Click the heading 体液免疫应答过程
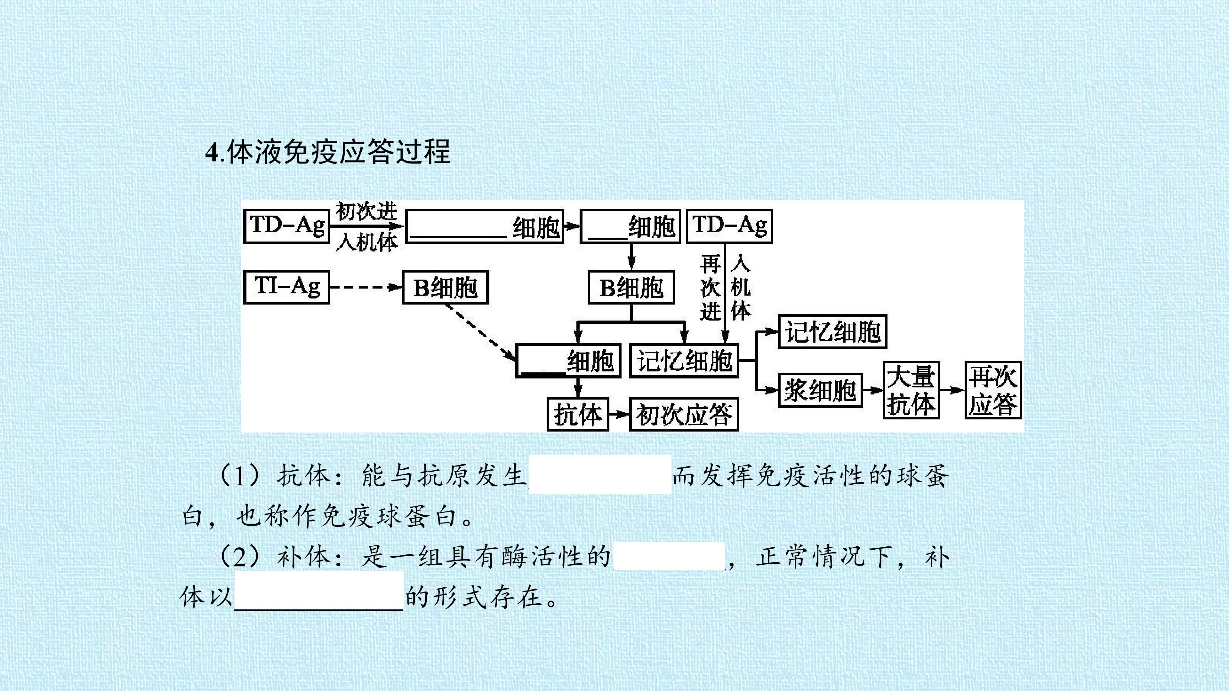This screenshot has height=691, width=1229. coord(338,152)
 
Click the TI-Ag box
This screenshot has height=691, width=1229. coord(287,287)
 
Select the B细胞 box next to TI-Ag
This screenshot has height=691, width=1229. coord(446,287)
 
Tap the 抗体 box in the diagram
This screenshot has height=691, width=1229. coord(578,414)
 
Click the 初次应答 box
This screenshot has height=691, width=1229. coord(684,414)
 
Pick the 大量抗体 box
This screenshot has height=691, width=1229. coord(911,390)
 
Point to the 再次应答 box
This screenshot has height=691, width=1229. coord(993,390)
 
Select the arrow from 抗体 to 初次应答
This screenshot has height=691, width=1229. coord(619,414)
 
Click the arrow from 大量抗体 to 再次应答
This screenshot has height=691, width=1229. coord(952,390)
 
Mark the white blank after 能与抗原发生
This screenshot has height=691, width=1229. coord(600,474)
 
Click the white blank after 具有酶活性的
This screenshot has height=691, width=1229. coord(669,556)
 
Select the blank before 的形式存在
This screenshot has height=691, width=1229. coord(319,590)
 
